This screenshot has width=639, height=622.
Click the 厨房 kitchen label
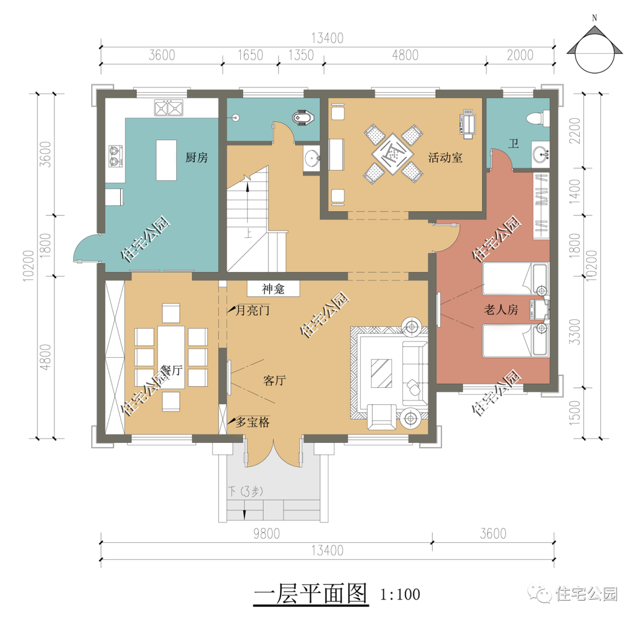pyautogui.click(x=196, y=158)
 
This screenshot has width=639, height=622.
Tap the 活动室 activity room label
pyautogui.click(x=445, y=158)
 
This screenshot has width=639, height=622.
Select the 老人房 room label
pyautogui.click(x=501, y=310)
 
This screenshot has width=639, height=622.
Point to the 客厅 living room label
pyautogui.click(x=275, y=381)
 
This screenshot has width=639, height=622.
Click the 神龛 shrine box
pyautogui.click(x=273, y=289)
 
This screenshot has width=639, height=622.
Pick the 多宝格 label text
pyautogui.click(x=253, y=423)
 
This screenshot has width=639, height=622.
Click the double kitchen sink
pyautogui.click(x=169, y=108)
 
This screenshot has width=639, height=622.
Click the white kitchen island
pyautogui.click(x=166, y=160)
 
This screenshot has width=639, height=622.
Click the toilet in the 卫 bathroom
pyautogui.click(x=537, y=118)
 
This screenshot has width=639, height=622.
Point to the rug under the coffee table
pyautogui.click(x=382, y=373)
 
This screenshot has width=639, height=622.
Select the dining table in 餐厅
pyautogui.click(x=171, y=358)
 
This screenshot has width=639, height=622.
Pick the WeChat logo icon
pyautogui.click(x=539, y=592)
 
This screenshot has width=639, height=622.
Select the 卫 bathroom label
pyautogui.click(x=513, y=144)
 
